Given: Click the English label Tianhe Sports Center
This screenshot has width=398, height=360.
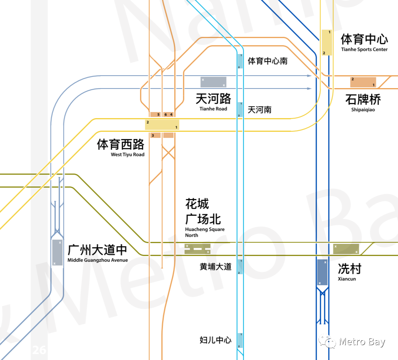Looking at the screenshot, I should coord(364,49).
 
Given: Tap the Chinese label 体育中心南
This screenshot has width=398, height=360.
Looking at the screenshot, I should coord(268,61).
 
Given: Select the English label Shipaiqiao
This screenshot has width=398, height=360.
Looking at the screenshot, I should coord(363,110).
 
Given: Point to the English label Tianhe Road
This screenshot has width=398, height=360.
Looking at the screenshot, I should coord(213,109).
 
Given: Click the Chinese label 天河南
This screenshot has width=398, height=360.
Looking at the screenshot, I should coord(260,110).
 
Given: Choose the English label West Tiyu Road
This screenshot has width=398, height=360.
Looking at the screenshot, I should coord(128,155).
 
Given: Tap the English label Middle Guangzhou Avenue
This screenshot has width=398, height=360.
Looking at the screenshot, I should coord(98,260).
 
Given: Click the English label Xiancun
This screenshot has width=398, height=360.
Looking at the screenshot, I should coord(347,279).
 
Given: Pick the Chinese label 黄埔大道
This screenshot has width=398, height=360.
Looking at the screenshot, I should coord(216,267).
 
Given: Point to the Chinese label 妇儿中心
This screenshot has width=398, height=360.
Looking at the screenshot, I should coord(216,340).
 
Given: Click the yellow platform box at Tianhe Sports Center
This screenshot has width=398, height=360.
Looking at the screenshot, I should coord(327,43).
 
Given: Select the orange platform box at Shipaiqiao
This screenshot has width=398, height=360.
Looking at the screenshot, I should coord(363,82).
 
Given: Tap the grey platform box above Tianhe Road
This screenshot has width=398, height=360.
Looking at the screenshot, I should coord(213,82).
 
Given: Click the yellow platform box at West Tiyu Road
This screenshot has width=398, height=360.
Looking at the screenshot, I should coord(162,125).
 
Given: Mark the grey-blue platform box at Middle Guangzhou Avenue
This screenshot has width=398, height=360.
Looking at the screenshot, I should coord(57,253).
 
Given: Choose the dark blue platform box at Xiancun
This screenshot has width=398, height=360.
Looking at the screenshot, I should coord(322,272).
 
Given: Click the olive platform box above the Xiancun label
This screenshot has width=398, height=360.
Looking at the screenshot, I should coord(346,249).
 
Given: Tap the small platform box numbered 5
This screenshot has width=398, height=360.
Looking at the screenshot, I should coord(155,114).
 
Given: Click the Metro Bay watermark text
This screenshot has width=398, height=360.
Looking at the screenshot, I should coord(362,342).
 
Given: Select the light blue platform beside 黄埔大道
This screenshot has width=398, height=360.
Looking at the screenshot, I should coord(240,267).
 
